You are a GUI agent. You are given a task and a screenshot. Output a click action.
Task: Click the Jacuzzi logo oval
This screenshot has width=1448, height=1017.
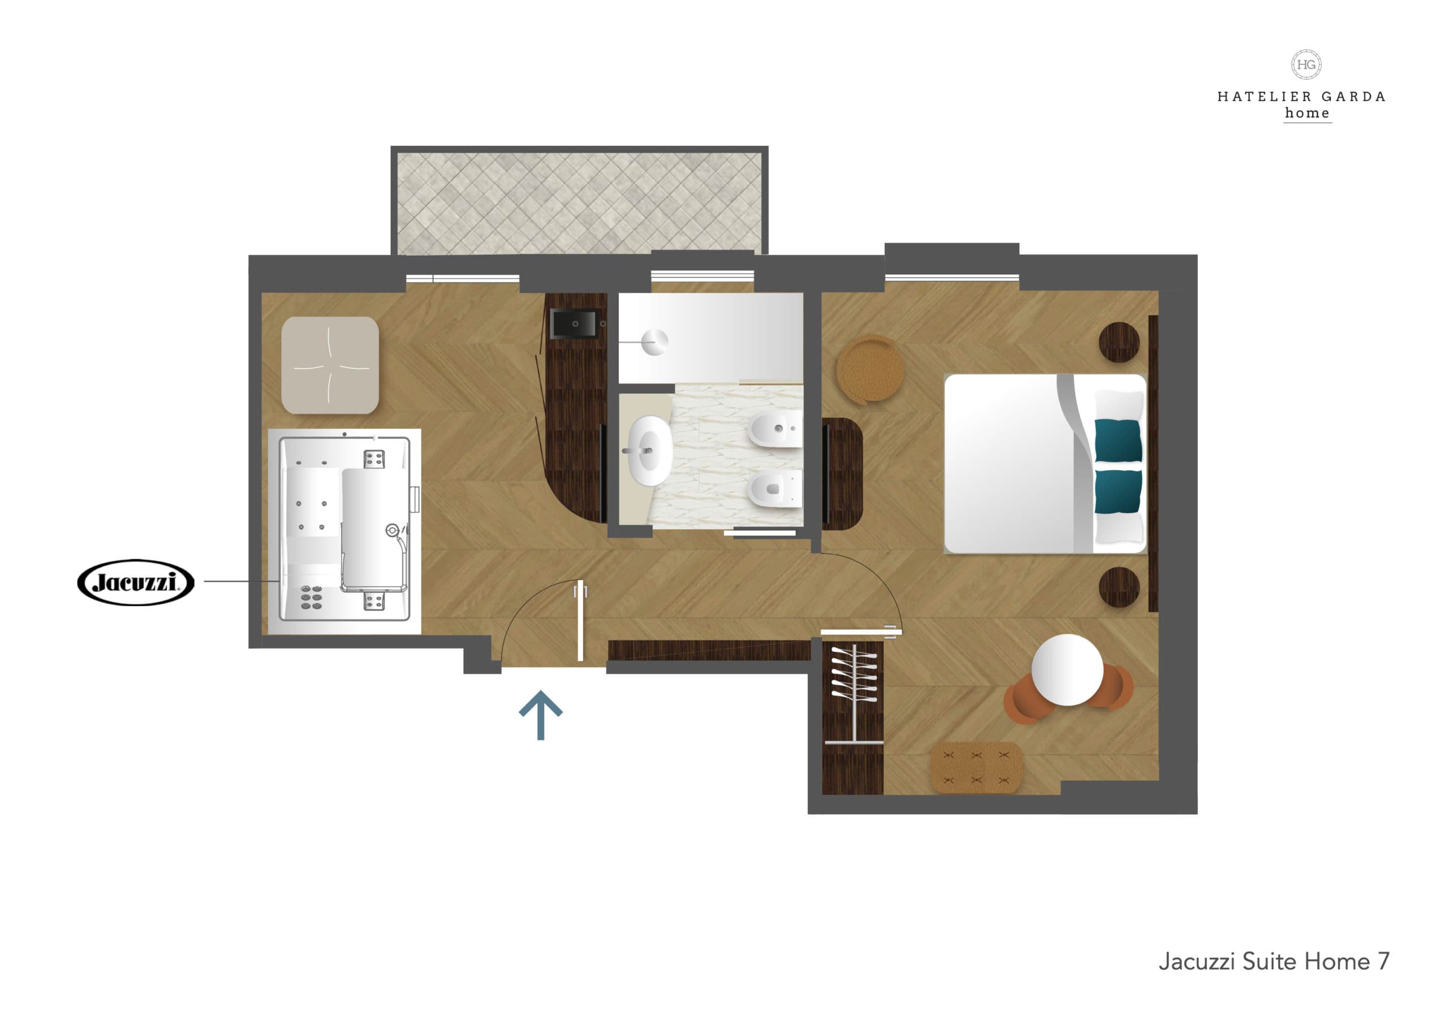[136, 582]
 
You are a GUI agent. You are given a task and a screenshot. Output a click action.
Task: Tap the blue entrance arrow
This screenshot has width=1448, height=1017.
[541, 715]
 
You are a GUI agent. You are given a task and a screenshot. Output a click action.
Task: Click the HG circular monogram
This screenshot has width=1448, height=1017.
[1306, 64]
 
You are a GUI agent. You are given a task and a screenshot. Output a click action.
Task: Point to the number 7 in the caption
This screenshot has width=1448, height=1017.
[1383, 962]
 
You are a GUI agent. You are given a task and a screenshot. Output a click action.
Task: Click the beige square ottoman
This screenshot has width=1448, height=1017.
[330, 365]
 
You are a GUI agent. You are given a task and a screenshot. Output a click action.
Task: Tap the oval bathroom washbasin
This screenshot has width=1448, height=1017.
[649, 450]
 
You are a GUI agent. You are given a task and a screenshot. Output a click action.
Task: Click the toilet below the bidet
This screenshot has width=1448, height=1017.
[773, 488]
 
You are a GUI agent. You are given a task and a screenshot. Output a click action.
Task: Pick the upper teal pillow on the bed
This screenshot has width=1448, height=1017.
[1118, 441]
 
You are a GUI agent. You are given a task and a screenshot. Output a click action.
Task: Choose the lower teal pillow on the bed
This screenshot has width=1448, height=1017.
[1118, 491]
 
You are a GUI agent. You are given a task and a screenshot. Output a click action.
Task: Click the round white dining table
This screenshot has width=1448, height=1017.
[1067, 669]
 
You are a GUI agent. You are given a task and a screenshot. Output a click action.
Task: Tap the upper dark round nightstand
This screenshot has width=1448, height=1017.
[1119, 343]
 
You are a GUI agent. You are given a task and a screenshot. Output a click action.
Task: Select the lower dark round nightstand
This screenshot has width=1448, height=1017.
[1119, 586]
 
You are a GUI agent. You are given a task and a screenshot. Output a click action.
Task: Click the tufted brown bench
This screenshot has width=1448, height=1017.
[976, 767]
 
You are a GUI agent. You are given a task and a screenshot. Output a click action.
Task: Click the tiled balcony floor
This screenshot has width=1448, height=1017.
[579, 202]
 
